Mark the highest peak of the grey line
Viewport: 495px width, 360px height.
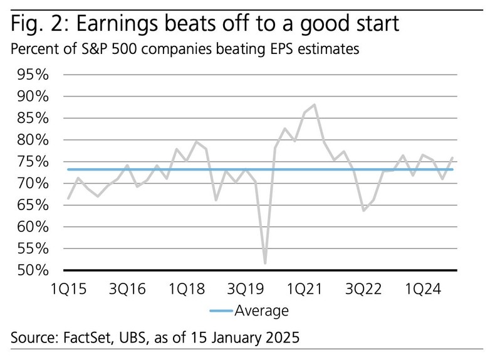coord(314,105)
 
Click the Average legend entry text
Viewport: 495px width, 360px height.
coord(261,310)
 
